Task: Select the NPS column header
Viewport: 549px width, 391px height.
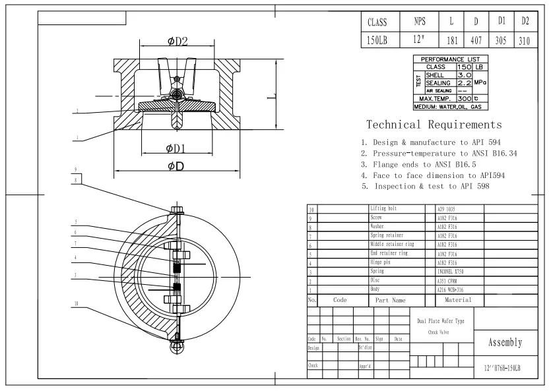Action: [x=419, y=22]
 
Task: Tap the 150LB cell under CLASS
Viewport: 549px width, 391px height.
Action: [x=377, y=40]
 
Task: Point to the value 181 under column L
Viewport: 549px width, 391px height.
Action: [x=452, y=40]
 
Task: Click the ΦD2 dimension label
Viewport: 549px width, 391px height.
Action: [x=178, y=42]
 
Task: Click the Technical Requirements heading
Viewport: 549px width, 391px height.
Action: [x=434, y=125]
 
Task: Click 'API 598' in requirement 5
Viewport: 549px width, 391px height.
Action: [x=473, y=187]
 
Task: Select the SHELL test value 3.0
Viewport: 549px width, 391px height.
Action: [x=464, y=75]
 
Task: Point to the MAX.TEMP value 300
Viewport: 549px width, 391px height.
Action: [x=464, y=98]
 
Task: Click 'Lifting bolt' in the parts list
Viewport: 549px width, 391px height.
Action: [x=385, y=208]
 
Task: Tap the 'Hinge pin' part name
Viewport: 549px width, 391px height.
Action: [x=381, y=262]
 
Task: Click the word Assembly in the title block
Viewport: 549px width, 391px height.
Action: [x=505, y=342]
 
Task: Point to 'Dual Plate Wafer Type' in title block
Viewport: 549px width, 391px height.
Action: [x=441, y=320]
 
